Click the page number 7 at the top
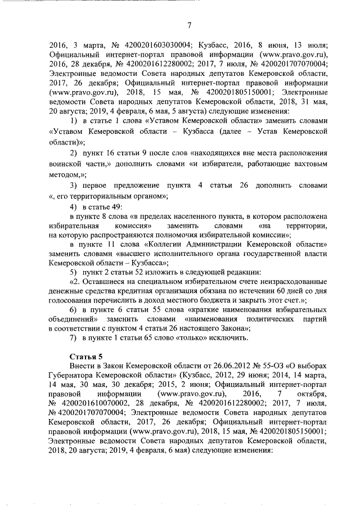(x=189, y=24)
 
